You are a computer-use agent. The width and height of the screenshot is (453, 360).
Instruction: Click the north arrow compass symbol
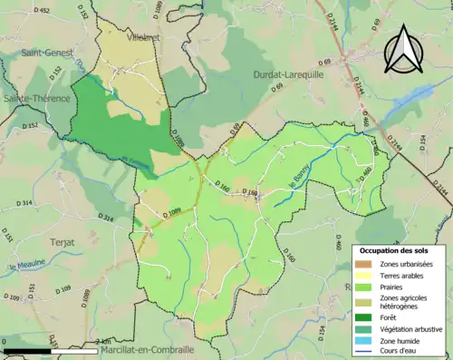[x=404, y=49]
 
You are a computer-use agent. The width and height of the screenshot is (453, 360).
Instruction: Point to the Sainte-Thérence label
[x=36, y=97]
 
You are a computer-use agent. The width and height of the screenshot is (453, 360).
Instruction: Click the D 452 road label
[x=43, y=10]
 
